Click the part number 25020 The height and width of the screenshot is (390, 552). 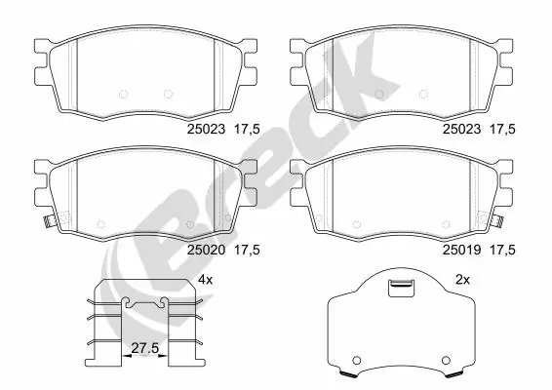(x=204, y=250)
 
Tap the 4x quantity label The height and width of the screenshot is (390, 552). (x=205, y=280)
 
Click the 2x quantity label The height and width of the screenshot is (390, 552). (x=462, y=280)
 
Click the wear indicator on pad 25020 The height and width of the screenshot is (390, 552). (x=46, y=224)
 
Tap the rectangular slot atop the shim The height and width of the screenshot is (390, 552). (x=399, y=287)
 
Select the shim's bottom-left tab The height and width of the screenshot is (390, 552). (x=347, y=374)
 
